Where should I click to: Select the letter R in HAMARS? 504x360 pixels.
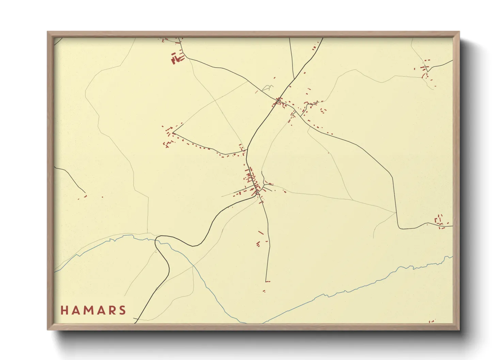click(x=111, y=310)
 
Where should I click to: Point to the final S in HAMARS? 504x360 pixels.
click(x=122, y=310)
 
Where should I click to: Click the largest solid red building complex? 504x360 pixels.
click(x=176, y=58)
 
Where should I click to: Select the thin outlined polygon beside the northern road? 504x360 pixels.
click(x=268, y=88)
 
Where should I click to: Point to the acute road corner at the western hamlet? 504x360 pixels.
click(x=173, y=132)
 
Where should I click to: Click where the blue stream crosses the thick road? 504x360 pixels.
click(x=157, y=240)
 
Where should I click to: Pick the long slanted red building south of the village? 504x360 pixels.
click(x=261, y=233)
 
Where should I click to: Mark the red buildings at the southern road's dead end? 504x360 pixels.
click(x=267, y=281)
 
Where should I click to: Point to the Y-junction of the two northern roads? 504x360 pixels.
click(x=294, y=79)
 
